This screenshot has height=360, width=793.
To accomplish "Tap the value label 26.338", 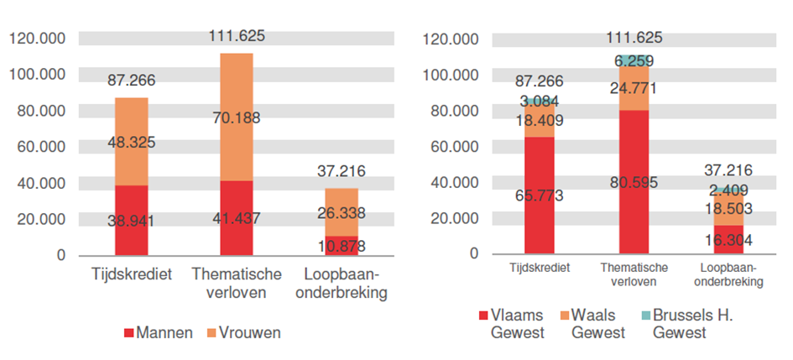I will point(342,213).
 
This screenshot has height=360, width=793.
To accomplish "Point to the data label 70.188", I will point(236,117).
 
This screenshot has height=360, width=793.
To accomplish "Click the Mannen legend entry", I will point(159,332).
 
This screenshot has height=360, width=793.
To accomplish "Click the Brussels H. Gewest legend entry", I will point(681,324).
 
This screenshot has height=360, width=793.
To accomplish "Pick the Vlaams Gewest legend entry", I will point(511,324).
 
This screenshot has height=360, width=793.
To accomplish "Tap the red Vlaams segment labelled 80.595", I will point(635,182).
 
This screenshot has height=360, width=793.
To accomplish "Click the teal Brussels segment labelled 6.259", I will point(635,60).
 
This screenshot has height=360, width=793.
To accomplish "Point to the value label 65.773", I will point(540,196).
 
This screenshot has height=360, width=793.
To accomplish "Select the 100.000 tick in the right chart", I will point(452,75).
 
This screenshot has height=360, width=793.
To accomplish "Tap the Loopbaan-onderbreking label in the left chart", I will point(342,284).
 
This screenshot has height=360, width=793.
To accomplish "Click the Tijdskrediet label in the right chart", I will point(540,268).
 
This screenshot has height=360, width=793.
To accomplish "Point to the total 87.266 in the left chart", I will point(132,81).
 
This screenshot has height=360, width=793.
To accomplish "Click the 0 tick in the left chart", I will point(60,255).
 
